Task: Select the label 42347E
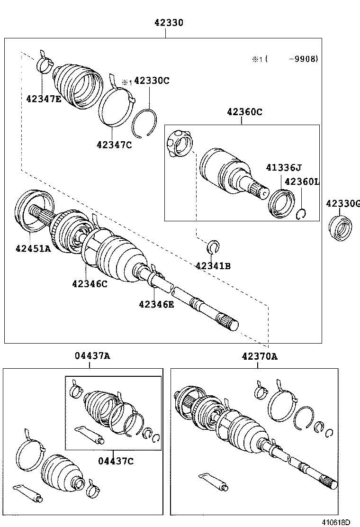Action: coord(44,99)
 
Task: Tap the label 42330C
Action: coord(152,81)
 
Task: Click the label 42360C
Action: coord(244,112)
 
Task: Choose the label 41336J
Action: coord(283,167)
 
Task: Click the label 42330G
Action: coord(343,204)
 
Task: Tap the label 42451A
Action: coord(33,248)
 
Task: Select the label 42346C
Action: coord(90,284)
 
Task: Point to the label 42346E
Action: coord(156,304)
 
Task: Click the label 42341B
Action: coord(213,266)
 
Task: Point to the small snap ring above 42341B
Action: coord(214,246)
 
